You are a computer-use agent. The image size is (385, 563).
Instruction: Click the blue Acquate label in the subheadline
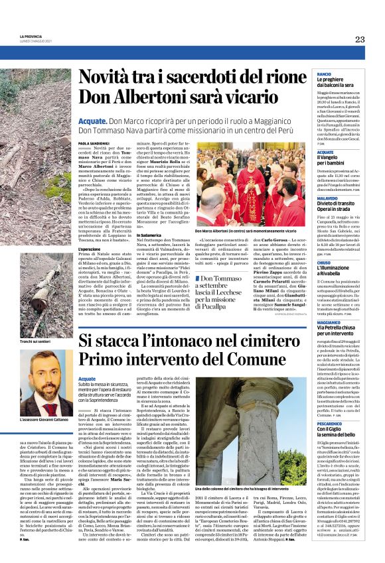point(92,123)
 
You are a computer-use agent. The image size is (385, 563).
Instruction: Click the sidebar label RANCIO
point(325,74)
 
